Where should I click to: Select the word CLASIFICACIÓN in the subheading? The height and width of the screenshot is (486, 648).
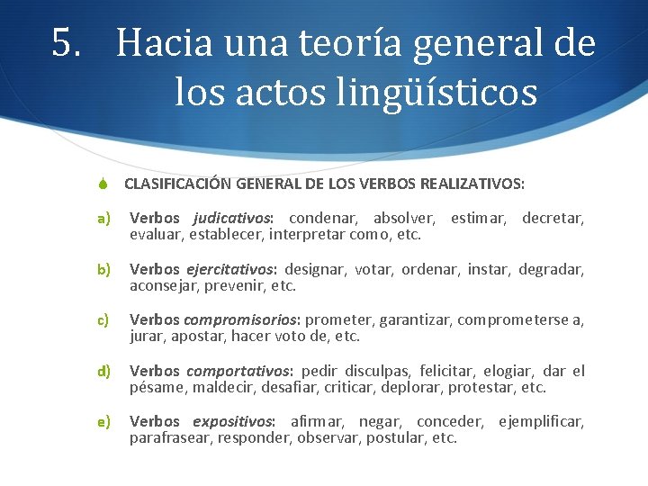click(x=177, y=184)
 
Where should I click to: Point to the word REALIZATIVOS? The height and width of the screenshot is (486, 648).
click(x=478, y=184)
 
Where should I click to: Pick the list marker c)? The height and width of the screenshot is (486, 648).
click(x=103, y=319)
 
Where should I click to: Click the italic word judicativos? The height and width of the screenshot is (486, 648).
click(x=232, y=219)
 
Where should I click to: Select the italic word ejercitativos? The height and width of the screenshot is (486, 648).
click(x=231, y=269)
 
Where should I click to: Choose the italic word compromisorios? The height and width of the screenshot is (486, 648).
click(x=243, y=319)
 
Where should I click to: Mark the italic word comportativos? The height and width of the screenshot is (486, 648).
click(x=238, y=371)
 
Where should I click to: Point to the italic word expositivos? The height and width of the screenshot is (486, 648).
click(x=234, y=421)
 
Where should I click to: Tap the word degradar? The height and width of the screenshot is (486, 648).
click(x=551, y=269)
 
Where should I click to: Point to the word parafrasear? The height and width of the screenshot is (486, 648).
click(x=172, y=438)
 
